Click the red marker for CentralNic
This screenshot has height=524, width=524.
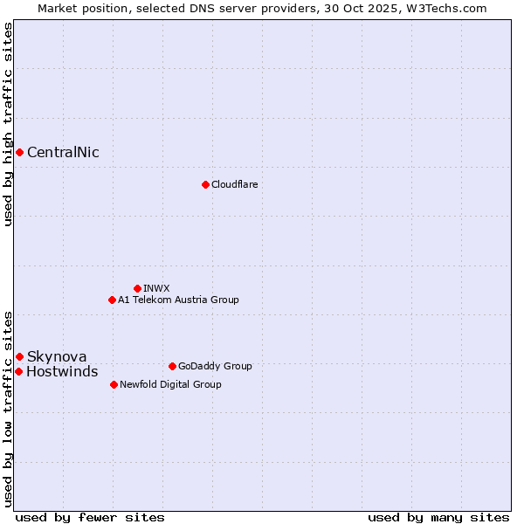[x=19, y=153]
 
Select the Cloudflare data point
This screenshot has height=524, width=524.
[x=205, y=184]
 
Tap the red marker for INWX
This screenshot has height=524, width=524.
[x=137, y=288]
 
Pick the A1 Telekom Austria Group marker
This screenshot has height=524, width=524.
[x=112, y=300]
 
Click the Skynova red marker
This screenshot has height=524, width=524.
[x=19, y=356]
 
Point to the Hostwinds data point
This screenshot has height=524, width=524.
[x=18, y=372]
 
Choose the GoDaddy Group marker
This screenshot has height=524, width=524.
[x=172, y=366]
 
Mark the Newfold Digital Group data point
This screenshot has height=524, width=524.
[x=114, y=384]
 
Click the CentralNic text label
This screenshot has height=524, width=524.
[x=63, y=153]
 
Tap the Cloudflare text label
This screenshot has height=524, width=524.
[x=234, y=184]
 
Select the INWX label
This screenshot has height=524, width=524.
[x=156, y=288]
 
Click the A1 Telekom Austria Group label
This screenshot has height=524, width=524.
[x=178, y=300]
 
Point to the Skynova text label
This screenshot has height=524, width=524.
[x=57, y=356]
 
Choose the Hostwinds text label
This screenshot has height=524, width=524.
[x=62, y=372]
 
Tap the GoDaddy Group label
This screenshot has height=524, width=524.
[x=215, y=366]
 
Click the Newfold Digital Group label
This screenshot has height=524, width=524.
[x=170, y=384]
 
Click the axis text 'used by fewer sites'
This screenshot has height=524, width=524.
[x=90, y=517]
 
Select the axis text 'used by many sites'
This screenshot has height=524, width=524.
[x=438, y=517]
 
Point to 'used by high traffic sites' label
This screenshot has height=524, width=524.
[x=8, y=124]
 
